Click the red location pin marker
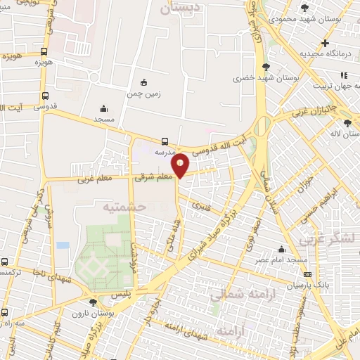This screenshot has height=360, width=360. click(181, 165)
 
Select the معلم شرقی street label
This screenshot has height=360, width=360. click(155, 178)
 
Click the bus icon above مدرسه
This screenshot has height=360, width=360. click(165, 141)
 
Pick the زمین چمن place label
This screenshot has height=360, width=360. click(144, 93)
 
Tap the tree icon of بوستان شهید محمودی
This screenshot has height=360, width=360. click(304, 8)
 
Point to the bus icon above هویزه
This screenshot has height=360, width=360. click(44, 51)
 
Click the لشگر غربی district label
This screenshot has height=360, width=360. click(330, 239)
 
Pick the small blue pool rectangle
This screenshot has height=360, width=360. click(63, 245)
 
